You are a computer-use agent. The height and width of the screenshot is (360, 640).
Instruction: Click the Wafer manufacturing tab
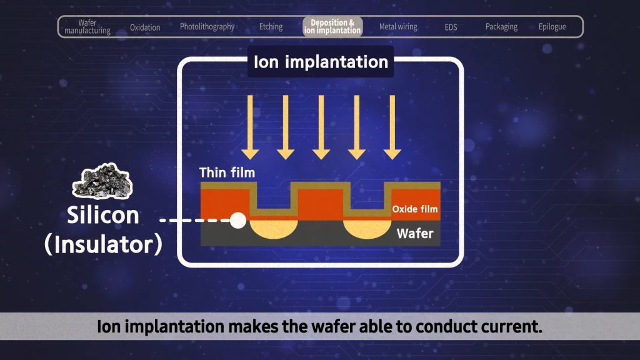tap(87, 27)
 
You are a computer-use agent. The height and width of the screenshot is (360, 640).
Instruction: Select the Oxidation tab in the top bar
tap(145, 27)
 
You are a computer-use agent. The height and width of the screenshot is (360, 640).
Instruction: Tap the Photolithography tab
tap(207, 27)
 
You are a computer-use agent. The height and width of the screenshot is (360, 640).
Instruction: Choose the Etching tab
tap(271, 27)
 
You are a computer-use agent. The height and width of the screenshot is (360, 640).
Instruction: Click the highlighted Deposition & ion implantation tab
tap(332, 27)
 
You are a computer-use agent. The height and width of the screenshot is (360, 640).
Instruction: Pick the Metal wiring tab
tap(398, 27)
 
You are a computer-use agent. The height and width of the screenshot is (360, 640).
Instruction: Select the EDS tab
tap(451, 27)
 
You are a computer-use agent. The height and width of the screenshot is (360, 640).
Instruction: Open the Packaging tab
tap(501, 27)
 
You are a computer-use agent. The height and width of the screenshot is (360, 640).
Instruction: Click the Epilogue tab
tap(552, 27)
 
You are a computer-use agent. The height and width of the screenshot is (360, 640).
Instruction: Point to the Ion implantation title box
tap(321, 62)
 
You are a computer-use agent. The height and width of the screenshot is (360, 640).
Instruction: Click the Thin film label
tap(227, 172)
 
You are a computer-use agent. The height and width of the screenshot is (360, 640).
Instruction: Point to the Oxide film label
tap(414, 209)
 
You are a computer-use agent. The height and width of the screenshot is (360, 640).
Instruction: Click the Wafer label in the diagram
tap(415, 233)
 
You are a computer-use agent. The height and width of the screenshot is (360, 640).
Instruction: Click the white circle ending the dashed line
tap(237, 220)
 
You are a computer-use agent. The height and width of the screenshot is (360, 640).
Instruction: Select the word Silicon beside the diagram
tap(104, 216)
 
